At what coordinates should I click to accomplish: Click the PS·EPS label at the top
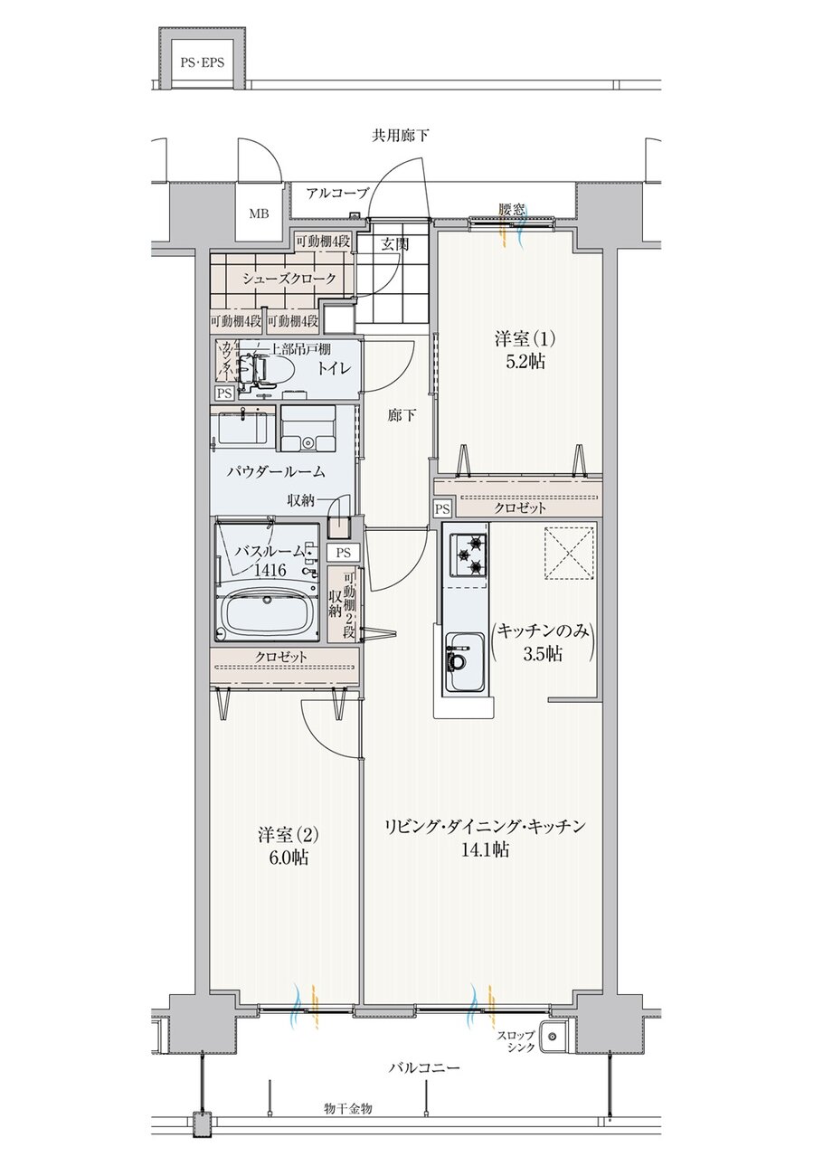point(202,62)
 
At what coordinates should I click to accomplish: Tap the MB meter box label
point(259,213)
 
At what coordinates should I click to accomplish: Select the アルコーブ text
point(337,194)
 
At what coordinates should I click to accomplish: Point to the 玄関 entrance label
point(394,244)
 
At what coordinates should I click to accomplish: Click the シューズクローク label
point(289,279)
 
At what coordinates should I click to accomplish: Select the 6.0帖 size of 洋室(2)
point(289,857)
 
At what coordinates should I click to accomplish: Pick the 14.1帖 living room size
point(485,849)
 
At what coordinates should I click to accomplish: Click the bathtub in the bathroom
point(268,614)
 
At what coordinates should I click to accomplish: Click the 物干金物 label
point(347,1110)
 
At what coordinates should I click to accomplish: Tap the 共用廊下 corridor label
point(401,137)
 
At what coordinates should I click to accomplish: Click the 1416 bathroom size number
point(270,571)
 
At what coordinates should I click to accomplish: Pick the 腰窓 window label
point(511,209)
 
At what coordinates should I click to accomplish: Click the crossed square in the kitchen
point(570,553)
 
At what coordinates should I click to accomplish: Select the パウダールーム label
point(276,472)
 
